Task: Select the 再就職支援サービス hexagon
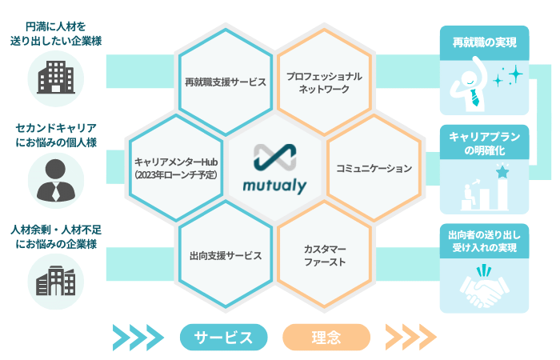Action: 225,81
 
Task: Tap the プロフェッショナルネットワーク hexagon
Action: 324,81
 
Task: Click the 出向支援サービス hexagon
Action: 225,255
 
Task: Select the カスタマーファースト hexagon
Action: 324,255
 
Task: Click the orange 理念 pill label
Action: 326,337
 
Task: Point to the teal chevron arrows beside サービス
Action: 139,337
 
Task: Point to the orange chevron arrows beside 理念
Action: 410,337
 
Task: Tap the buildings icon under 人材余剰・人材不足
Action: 55,280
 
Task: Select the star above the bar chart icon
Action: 502,170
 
